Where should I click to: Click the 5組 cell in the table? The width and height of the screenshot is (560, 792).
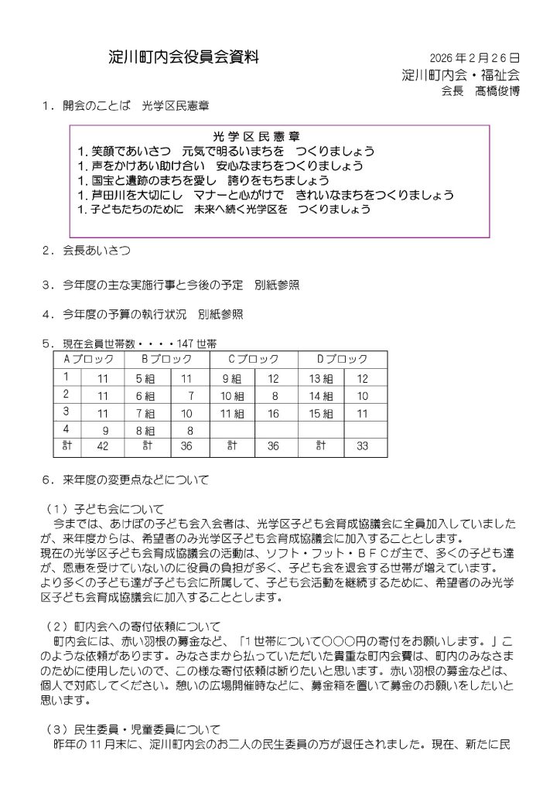click(145, 378)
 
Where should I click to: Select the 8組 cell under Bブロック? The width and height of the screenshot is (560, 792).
click(145, 429)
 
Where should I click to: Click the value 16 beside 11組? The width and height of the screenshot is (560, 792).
click(273, 412)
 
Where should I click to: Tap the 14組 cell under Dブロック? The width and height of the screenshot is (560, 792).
click(321, 395)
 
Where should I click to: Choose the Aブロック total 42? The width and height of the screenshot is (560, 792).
click(102, 445)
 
